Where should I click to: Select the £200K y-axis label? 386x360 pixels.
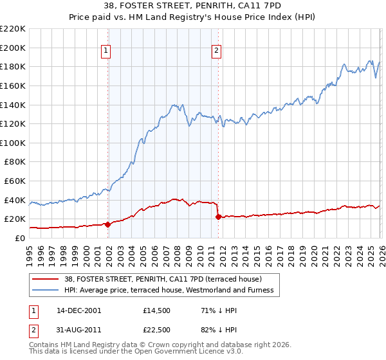click(x=14, y=48)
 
